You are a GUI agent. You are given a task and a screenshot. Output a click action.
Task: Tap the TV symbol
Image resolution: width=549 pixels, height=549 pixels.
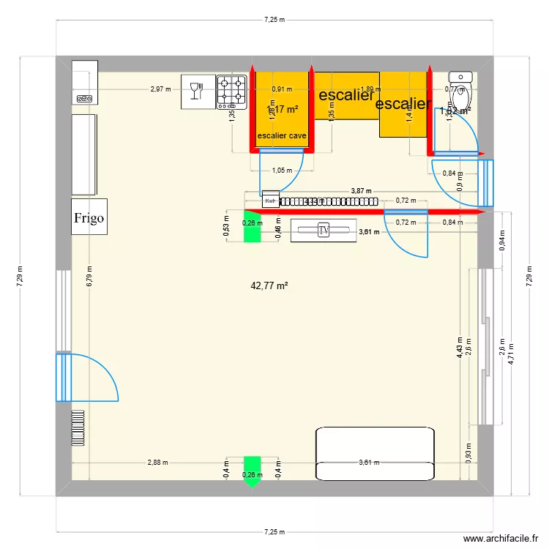click(x=324, y=230)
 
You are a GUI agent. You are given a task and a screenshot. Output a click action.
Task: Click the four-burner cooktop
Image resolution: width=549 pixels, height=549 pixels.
click(x=231, y=91)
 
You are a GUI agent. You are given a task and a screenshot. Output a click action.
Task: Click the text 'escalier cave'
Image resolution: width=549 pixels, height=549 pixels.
click(x=281, y=135)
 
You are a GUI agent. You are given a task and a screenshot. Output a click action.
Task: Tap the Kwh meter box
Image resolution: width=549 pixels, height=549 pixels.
click(x=271, y=201)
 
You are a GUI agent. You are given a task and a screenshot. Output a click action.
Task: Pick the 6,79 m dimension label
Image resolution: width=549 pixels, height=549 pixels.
click(x=89, y=277)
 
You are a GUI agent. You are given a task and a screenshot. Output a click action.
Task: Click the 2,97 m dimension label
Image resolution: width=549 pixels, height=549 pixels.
click(x=160, y=89)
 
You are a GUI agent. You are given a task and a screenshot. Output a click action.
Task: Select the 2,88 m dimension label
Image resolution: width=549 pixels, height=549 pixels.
click(x=157, y=463)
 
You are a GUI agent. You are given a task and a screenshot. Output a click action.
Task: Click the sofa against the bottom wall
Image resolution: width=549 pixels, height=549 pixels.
click(x=376, y=453)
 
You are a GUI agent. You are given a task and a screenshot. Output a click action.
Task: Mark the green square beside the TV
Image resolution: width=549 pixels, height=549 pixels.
click(x=252, y=230)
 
